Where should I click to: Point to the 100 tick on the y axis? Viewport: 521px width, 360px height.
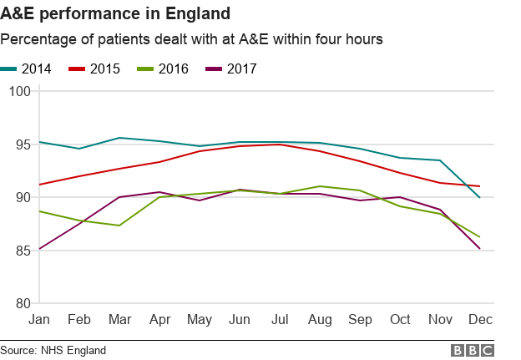(18, 91)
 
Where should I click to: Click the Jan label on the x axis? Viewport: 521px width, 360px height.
(39, 321)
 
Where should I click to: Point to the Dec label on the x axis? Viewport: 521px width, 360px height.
(478, 321)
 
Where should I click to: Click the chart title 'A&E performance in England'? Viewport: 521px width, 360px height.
(116, 14)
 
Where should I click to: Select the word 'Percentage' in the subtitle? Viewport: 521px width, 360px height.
(36, 39)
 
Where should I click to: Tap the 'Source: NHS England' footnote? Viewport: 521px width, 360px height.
(53, 350)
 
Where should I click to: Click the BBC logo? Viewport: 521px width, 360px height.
(473, 350)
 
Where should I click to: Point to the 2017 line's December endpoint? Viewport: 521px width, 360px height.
(479, 249)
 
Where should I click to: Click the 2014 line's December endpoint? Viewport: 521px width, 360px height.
(479, 197)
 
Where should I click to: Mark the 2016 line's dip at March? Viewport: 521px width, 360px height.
(119, 226)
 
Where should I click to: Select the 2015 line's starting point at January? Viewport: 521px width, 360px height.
(39, 185)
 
